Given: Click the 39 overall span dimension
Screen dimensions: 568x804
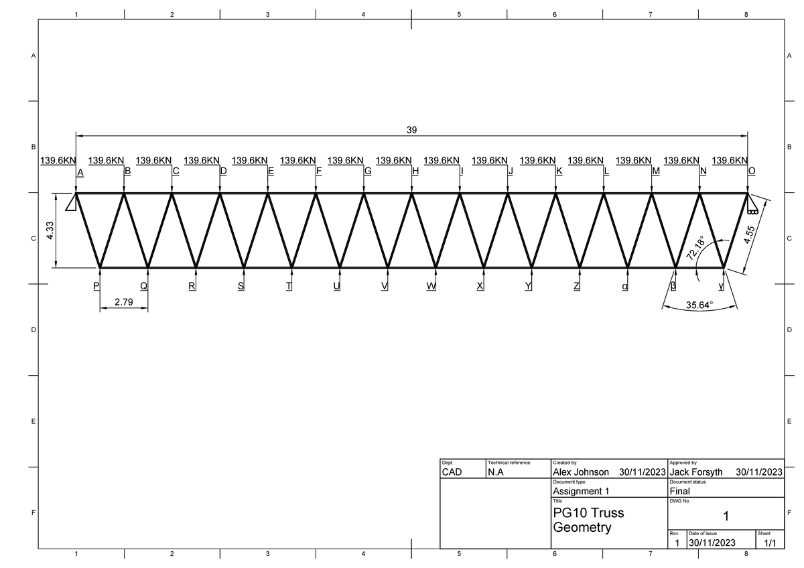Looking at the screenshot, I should click(x=411, y=130).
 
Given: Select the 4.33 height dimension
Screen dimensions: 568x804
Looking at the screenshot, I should click(x=50, y=231).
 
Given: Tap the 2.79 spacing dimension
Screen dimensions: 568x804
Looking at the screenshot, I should click(x=124, y=302).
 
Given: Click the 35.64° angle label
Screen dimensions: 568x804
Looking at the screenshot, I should click(x=700, y=305).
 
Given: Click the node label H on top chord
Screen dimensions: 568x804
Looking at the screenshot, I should click(x=415, y=172).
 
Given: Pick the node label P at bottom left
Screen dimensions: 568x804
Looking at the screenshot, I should click(x=96, y=286).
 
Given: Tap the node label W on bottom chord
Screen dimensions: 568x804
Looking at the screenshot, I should click(x=431, y=286).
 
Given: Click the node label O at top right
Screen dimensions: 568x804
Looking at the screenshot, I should click(x=752, y=172).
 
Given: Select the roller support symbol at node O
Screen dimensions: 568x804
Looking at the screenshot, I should click(x=754, y=205).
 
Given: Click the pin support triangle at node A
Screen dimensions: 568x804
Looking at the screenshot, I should click(x=70, y=204).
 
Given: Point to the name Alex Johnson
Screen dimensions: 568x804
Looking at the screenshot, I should click(x=580, y=472).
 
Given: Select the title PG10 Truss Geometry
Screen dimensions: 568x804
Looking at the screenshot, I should click(x=588, y=520).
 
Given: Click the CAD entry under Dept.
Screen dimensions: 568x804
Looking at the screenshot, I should click(x=452, y=472).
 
